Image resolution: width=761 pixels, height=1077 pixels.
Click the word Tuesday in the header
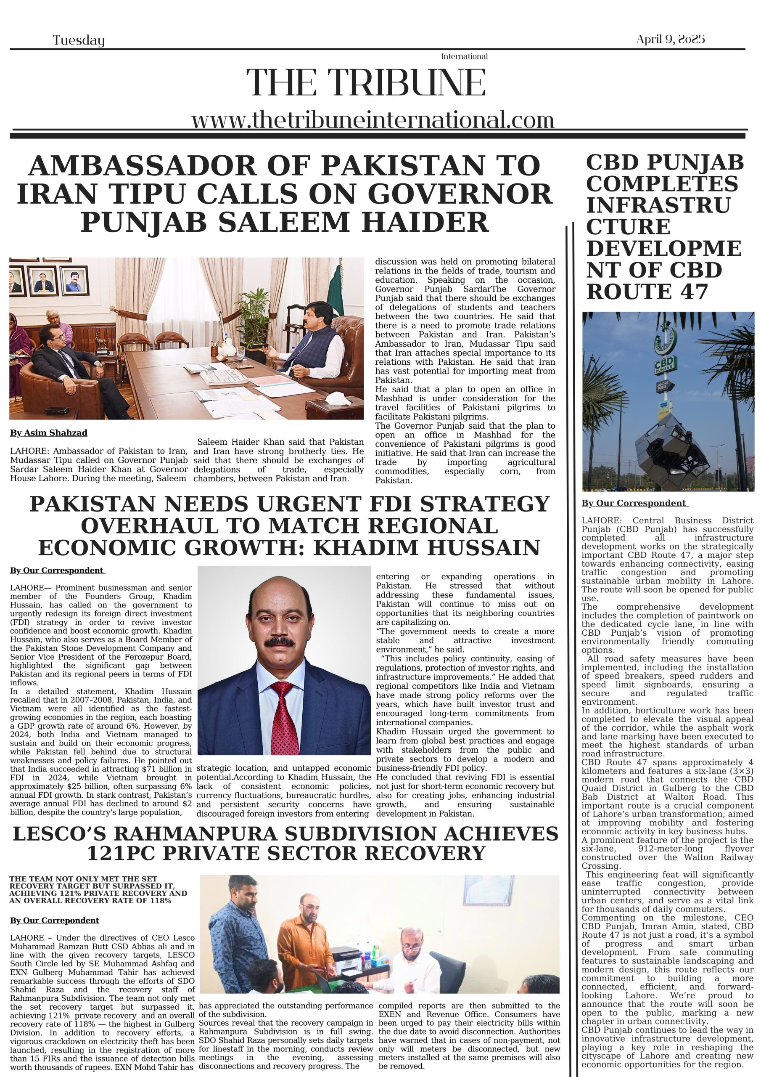coord(78,41)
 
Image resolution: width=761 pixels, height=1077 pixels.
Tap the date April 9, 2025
coord(670,40)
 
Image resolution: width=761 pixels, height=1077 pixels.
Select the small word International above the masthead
coord(464,56)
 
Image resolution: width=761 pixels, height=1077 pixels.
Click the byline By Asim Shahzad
coord(48,432)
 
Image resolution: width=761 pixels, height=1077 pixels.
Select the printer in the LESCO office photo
coord(349,955)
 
